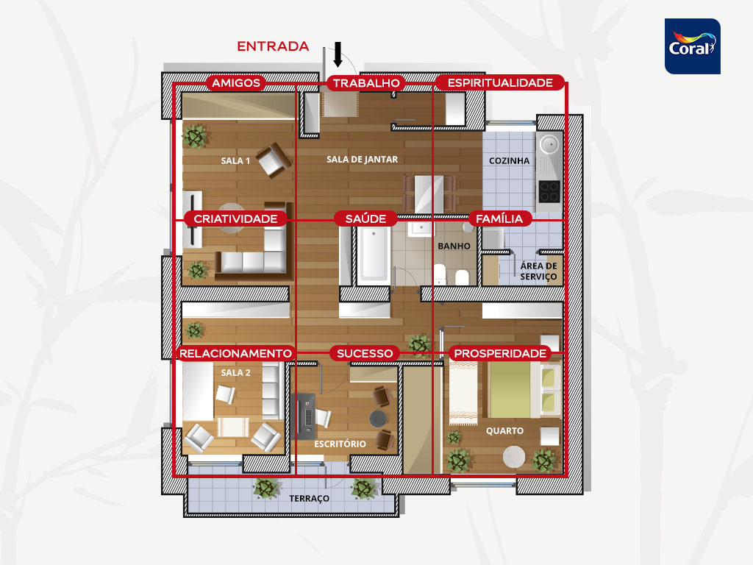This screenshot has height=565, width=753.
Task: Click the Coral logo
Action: [x=692, y=46]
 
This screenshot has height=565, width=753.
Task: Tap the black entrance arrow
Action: [x=338, y=54]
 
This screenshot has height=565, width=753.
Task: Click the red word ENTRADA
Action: [x=273, y=46]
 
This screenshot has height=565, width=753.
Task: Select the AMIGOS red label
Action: [x=236, y=82]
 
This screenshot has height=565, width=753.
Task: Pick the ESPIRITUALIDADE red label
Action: [x=500, y=82]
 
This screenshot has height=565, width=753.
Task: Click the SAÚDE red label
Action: [x=365, y=218]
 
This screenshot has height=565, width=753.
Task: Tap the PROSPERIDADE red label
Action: [x=500, y=353]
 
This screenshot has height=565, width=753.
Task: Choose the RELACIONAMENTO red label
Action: [x=235, y=353]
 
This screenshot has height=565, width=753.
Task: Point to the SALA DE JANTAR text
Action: [x=362, y=160]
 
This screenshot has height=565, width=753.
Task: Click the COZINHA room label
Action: [x=509, y=161]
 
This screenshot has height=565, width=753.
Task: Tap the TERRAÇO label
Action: [x=310, y=498]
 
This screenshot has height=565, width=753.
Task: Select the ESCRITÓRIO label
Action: [x=340, y=444]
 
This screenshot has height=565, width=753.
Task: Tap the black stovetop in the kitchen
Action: [x=549, y=191]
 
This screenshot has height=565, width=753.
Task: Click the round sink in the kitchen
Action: [x=549, y=143]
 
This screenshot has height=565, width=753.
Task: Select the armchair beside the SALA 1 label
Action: [x=274, y=160]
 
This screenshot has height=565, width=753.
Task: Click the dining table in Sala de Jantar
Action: [x=429, y=193]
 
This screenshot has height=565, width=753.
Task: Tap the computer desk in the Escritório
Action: [x=304, y=416]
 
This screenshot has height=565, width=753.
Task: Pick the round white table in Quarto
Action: [x=514, y=456]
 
